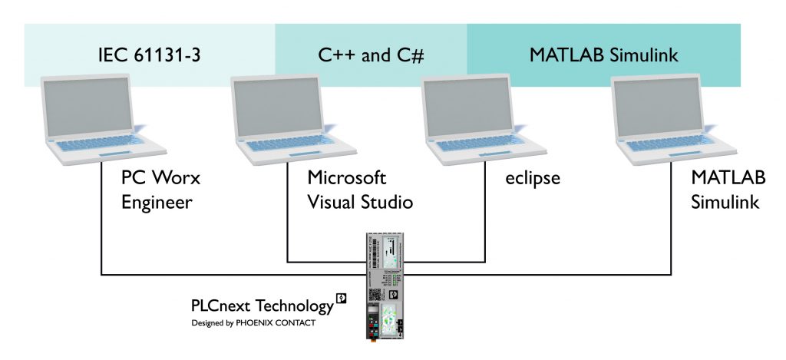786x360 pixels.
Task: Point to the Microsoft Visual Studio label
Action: pos(360,190)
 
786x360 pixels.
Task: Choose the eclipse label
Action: pos(533,179)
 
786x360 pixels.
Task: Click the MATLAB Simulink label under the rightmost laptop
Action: pos(728,190)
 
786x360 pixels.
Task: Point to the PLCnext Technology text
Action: pos(262,306)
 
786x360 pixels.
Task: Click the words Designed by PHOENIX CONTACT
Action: pos(253,323)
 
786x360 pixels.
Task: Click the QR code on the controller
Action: pos(376,295)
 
